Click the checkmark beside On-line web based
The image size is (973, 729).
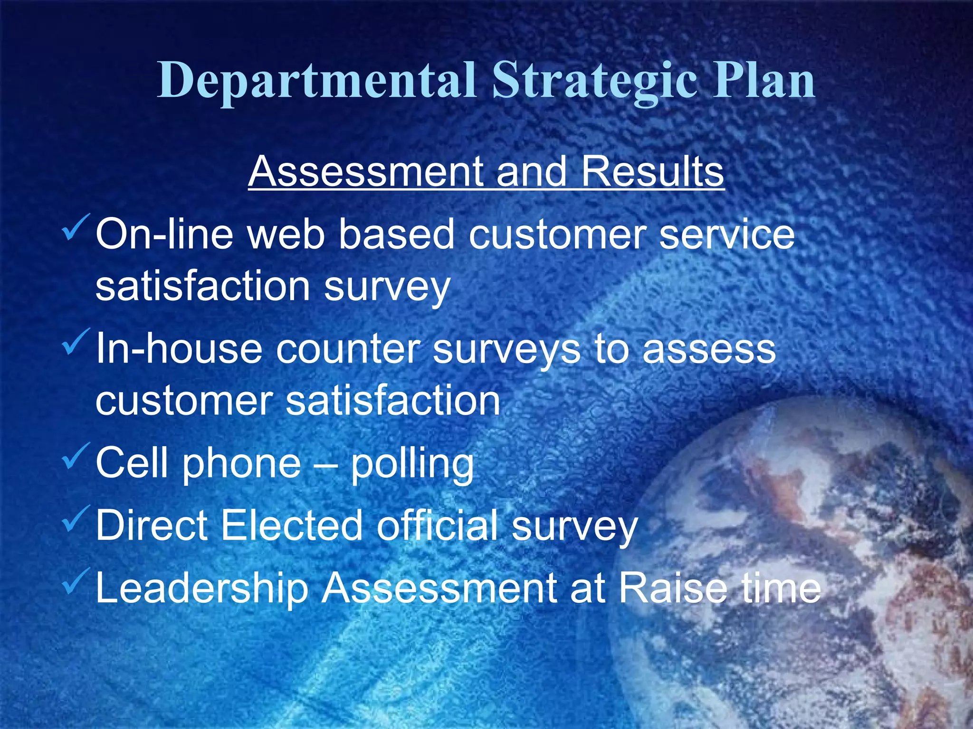(x=75, y=227)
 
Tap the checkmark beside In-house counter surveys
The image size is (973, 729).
(x=75, y=341)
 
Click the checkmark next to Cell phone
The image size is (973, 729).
(x=75, y=455)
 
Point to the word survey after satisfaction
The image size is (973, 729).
(x=387, y=287)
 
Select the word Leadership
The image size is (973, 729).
(x=202, y=589)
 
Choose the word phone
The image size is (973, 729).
(x=241, y=464)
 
